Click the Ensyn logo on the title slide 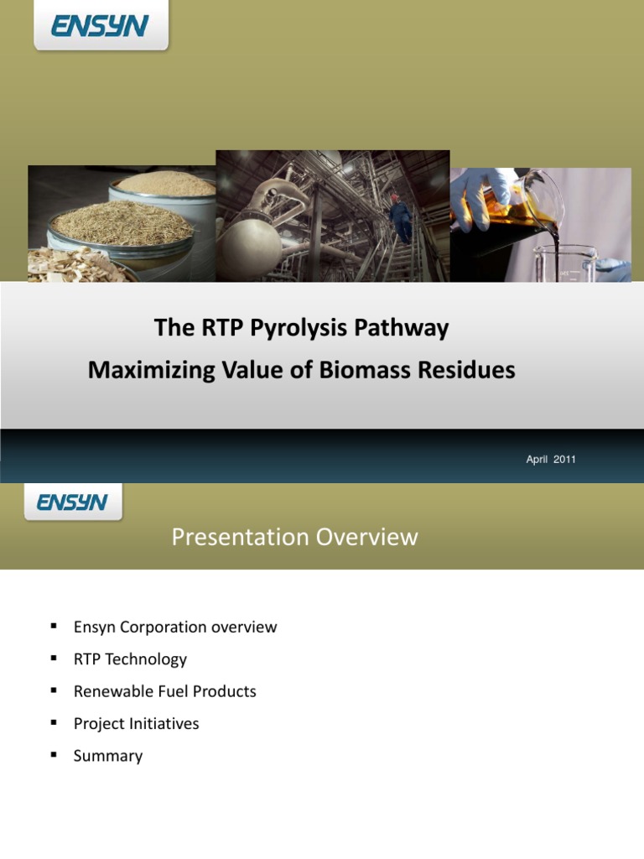[100, 27]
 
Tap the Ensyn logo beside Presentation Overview [72, 502]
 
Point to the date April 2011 [551, 460]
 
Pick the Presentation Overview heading [294, 537]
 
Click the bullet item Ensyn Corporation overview [174, 627]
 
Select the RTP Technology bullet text [130, 659]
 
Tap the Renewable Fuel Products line [164, 692]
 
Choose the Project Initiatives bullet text [136, 724]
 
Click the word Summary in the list [108, 756]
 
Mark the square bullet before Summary [54, 755]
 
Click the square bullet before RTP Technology [54, 659]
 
